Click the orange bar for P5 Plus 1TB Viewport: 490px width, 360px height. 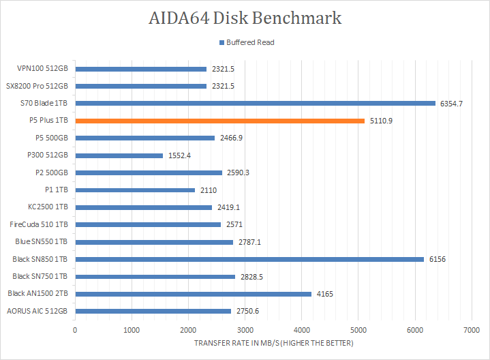pos(219,121)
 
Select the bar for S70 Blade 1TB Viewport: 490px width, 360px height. pos(255,104)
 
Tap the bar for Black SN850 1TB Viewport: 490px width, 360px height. pos(249,259)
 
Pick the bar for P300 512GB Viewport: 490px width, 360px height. pos(119,155)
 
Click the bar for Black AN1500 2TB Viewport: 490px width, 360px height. pos(193,294)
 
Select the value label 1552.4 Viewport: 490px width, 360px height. pos(179,155)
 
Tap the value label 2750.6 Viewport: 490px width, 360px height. pos(247,311)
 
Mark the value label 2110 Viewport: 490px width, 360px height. pos(209,190)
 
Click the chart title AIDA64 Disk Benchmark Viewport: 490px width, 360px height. pos(245,18)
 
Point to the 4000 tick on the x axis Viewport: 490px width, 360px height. pos(301,329)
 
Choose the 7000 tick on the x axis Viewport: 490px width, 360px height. pos(471,329)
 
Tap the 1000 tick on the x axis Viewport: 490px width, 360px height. pos(132,329)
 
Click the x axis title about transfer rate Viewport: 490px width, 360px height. pos(273,343)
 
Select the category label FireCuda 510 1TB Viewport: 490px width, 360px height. pos(39,224)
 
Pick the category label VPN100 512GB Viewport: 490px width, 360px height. pos(43,69)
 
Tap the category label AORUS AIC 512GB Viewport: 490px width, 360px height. pos(37,311)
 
